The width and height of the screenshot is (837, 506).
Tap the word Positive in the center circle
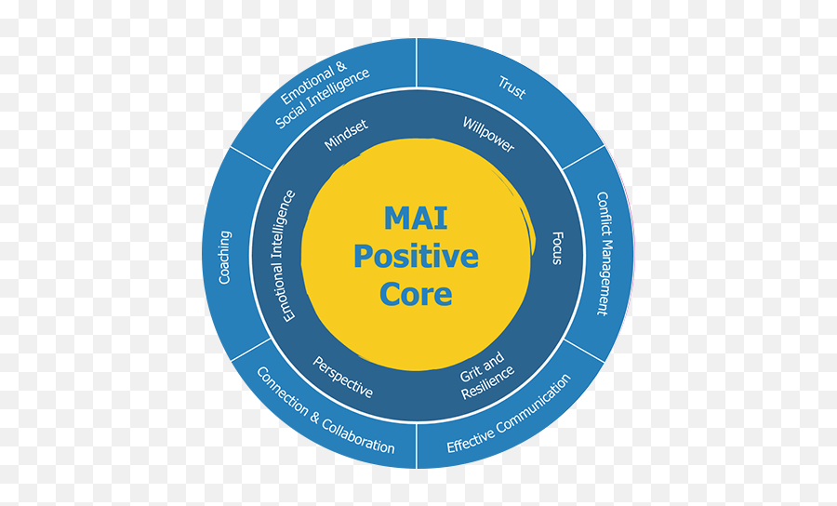[x=416, y=256]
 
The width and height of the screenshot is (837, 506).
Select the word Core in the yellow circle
[x=416, y=294]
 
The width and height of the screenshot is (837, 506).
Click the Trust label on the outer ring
[x=511, y=88]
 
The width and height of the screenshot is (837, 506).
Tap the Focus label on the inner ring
[x=557, y=247]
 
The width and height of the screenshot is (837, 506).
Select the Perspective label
[x=342, y=377]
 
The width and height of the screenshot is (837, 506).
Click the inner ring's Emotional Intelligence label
[x=288, y=256]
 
